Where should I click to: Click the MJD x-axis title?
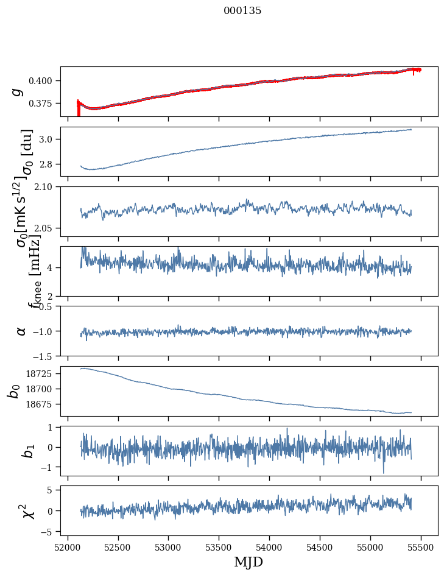click(x=248, y=562)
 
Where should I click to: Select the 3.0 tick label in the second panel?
click(x=49, y=139)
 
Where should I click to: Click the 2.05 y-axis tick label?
click(x=47, y=228)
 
